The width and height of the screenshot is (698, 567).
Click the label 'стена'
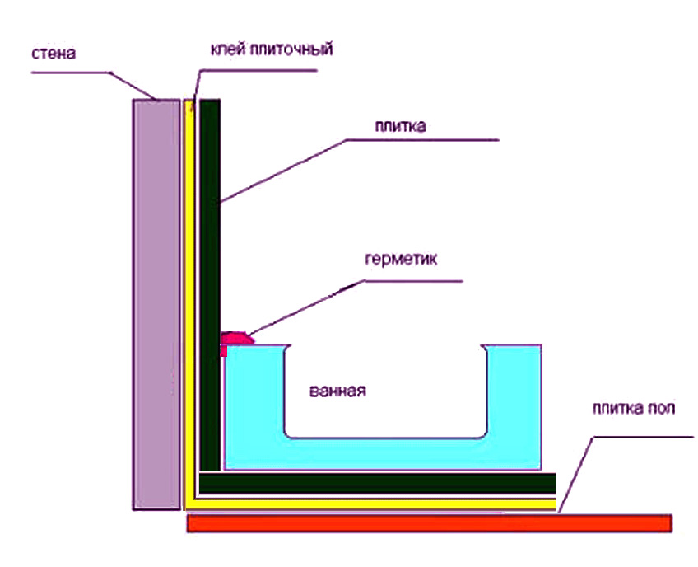(x=55, y=55)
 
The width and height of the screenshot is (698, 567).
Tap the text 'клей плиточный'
(x=269, y=50)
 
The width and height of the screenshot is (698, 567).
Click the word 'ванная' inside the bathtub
(x=337, y=390)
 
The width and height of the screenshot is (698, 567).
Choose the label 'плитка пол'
(x=634, y=410)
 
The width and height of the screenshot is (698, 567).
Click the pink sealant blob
(x=237, y=336)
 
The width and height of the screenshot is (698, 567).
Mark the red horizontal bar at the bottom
(x=428, y=523)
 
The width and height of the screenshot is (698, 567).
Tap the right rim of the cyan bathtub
(x=512, y=387)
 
